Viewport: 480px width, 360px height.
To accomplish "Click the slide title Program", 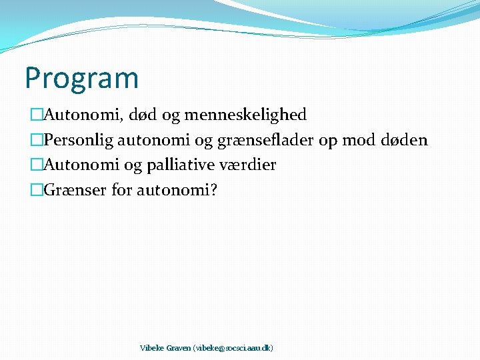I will [81, 79].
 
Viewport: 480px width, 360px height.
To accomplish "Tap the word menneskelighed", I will [245, 115].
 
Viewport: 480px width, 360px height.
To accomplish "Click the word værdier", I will [247, 165].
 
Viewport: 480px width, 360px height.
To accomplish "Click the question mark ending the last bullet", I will [213, 190].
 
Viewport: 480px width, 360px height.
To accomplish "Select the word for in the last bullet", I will [122, 190].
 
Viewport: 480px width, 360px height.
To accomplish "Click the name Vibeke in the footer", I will [152, 348].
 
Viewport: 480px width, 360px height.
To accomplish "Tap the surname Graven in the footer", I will [178, 348].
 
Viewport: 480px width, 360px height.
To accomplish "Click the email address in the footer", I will [233, 348].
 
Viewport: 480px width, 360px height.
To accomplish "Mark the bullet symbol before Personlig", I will [36, 140].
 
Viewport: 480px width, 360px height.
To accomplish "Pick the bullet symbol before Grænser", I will [36, 190].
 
